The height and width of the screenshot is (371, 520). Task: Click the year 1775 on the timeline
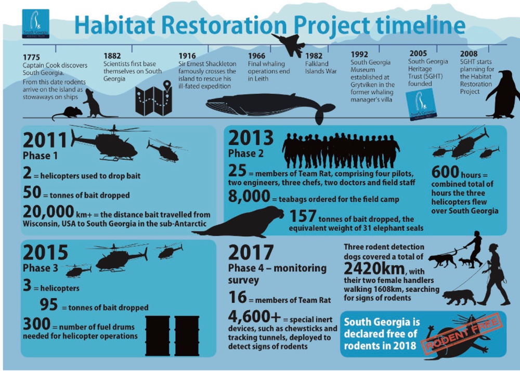click(x=31, y=57)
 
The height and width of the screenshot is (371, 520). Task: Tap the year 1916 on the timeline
click(x=187, y=56)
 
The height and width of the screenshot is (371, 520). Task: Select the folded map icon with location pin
click(x=153, y=98)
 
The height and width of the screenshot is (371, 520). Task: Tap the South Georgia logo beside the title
click(x=35, y=23)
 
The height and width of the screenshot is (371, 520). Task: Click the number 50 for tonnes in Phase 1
click(x=32, y=193)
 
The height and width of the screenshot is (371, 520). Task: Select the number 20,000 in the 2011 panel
click(x=48, y=211)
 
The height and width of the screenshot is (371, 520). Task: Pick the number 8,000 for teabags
click(x=249, y=196)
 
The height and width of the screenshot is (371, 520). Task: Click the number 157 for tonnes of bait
click(x=303, y=216)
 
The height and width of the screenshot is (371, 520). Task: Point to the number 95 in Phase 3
click(x=49, y=304)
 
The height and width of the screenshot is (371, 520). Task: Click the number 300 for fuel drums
click(x=36, y=324)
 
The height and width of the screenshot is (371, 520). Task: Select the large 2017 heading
click(x=251, y=252)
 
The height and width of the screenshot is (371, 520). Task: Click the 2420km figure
click(x=374, y=268)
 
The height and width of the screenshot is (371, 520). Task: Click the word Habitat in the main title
click(x=116, y=24)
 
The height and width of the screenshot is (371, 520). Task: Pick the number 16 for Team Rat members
click(x=238, y=297)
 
